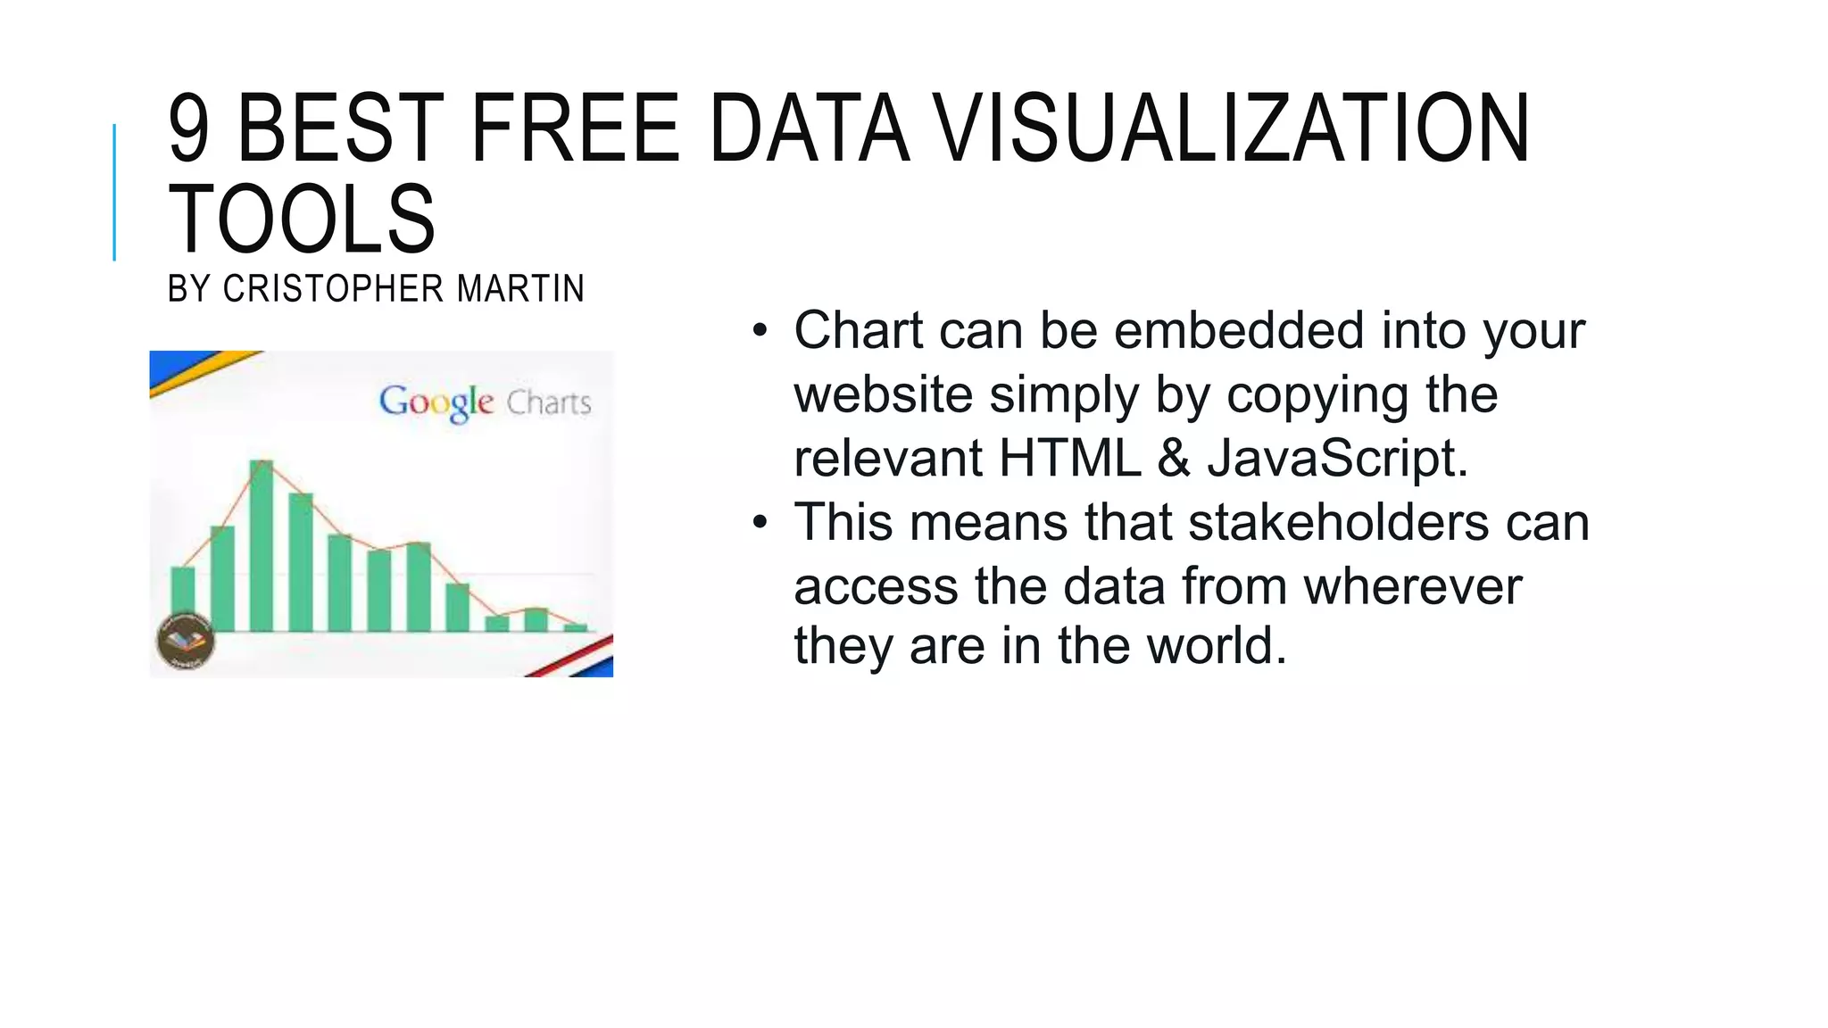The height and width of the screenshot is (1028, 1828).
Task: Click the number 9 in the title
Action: point(189,130)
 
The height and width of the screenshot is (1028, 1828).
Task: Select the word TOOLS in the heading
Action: point(302,220)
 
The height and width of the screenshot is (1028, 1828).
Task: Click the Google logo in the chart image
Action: point(436,402)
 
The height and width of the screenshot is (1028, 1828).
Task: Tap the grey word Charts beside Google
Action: point(549,403)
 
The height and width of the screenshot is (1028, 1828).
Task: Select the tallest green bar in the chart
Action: point(262,546)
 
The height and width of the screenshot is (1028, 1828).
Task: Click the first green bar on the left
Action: point(183,599)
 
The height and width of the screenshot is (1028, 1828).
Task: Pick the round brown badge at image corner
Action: point(186,640)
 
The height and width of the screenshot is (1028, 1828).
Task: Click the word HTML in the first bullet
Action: point(1069,459)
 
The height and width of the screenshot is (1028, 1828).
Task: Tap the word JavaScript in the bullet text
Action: point(1336,459)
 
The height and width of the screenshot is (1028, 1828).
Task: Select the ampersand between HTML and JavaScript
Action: point(1174,459)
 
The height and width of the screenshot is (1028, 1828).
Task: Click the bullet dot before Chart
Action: point(760,331)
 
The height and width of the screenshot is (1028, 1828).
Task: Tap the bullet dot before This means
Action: point(760,523)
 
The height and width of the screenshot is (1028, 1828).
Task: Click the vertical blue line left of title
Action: point(114,192)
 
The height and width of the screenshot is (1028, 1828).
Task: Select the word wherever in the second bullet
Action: point(1412,587)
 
